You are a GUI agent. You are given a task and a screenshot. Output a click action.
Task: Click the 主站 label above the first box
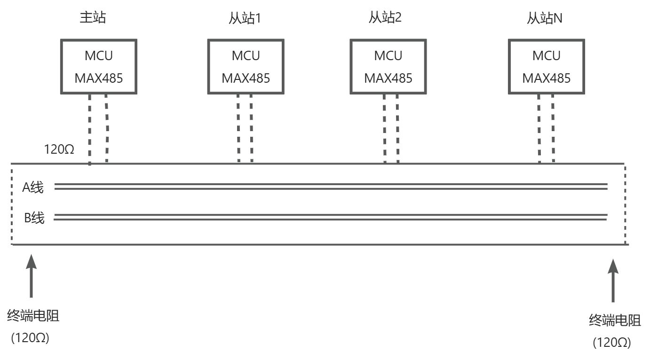click(93, 18)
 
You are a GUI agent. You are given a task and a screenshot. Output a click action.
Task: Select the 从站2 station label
click(385, 18)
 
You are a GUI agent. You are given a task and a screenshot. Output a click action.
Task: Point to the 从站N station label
click(545, 19)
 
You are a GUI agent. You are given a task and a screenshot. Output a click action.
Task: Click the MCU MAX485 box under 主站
click(99, 67)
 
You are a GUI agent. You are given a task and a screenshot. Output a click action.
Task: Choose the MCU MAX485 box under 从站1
click(246, 67)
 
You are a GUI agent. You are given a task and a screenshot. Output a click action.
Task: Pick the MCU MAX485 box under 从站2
click(388, 67)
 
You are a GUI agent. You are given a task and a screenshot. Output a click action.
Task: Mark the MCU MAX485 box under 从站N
click(547, 67)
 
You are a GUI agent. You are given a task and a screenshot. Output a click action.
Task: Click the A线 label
click(33, 188)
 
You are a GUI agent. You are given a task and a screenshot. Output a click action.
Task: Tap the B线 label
click(34, 218)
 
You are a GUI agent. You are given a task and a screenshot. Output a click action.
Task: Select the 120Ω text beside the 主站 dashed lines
click(59, 150)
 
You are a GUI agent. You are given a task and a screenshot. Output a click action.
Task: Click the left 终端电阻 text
click(33, 316)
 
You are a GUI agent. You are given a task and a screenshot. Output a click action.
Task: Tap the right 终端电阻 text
click(615, 321)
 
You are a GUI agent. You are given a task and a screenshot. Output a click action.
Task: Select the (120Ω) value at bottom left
click(30, 338)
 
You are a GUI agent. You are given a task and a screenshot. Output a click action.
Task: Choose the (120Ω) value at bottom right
click(611, 342)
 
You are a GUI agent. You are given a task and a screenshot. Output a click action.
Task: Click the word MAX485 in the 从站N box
click(547, 78)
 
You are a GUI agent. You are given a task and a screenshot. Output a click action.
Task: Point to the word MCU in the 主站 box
click(99, 56)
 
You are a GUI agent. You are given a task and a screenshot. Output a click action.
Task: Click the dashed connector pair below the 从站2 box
click(391, 128)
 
